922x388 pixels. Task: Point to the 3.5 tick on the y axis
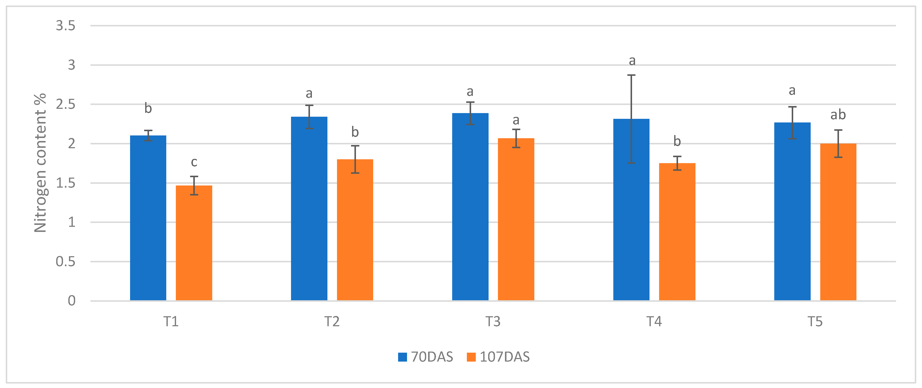click(x=66, y=26)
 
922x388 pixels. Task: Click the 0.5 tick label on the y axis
click(x=66, y=262)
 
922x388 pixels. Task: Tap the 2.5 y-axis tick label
click(x=66, y=105)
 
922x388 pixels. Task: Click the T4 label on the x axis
click(x=654, y=321)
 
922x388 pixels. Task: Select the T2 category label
click(x=332, y=321)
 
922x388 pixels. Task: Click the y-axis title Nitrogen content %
click(x=40, y=163)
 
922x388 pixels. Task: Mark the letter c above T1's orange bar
click(x=194, y=162)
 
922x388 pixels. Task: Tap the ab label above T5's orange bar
click(x=838, y=115)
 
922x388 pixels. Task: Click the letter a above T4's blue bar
click(x=632, y=61)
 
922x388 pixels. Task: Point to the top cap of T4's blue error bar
click(x=631, y=75)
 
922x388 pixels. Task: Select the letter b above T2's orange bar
click(x=355, y=132)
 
